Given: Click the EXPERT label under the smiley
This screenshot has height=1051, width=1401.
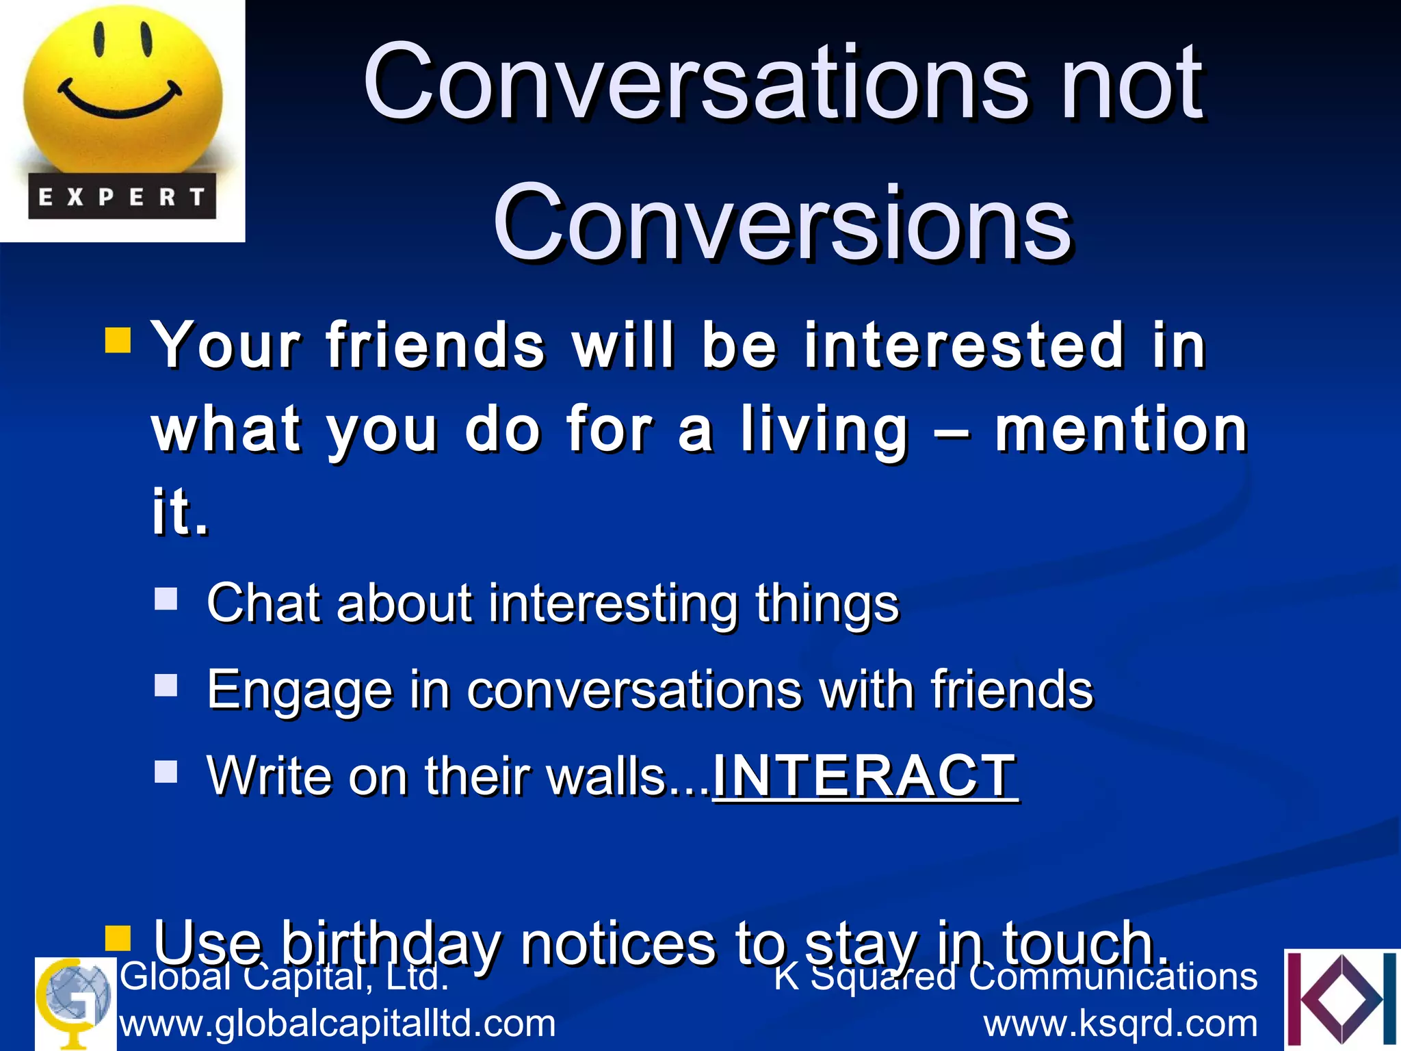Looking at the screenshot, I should [x=122, y=197].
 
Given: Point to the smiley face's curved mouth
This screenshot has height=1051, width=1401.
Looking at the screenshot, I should [x=121, y=102].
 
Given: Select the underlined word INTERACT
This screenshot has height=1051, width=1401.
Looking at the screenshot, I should [x=865, y=776].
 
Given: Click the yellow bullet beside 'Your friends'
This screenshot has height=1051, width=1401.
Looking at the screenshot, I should [x=118, y=340].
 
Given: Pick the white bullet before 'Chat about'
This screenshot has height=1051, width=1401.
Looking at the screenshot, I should [x=166, y=599].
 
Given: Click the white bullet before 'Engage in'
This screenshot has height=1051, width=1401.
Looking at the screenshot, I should [x=166, y=685].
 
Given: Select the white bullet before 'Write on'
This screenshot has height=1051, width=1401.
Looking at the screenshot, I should [x=166, y=771].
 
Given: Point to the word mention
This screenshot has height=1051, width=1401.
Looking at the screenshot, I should [x=1122, y=430].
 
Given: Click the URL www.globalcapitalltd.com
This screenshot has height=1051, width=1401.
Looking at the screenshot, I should [x=338, y=1024].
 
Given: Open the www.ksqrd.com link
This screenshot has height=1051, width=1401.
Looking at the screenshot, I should [x=1121, y=1024].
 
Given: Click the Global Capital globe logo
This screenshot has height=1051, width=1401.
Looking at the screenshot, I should [x=74, y=1002].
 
